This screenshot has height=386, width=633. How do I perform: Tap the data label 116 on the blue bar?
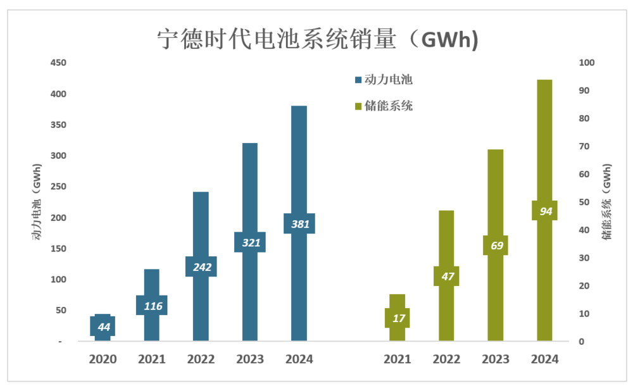[152, 306]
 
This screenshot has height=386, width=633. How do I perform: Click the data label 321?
[250, 242]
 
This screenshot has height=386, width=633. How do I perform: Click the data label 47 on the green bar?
[447, 276]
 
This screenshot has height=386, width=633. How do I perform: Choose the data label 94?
[545, 211]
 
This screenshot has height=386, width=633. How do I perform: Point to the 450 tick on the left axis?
[58, 63]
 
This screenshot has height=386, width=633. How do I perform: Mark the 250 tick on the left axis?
[58, 187]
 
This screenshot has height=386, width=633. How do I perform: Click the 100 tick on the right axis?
[585, 63]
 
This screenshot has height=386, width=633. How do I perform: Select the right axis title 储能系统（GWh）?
[607, 202]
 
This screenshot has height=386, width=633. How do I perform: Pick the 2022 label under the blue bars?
[201, 359]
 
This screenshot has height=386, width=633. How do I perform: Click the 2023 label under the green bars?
[496, 359]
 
